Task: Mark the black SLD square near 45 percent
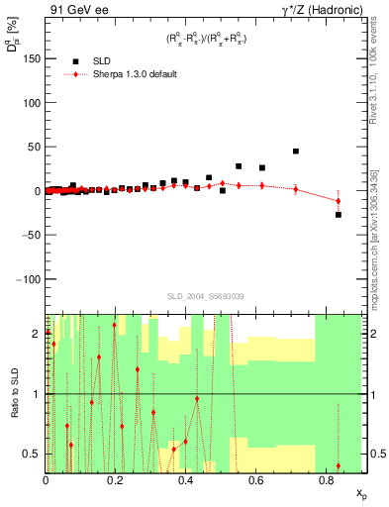[x=296, y=152]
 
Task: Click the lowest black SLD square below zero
[x=338, y=215]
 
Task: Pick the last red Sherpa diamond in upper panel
[x=338, y=201]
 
